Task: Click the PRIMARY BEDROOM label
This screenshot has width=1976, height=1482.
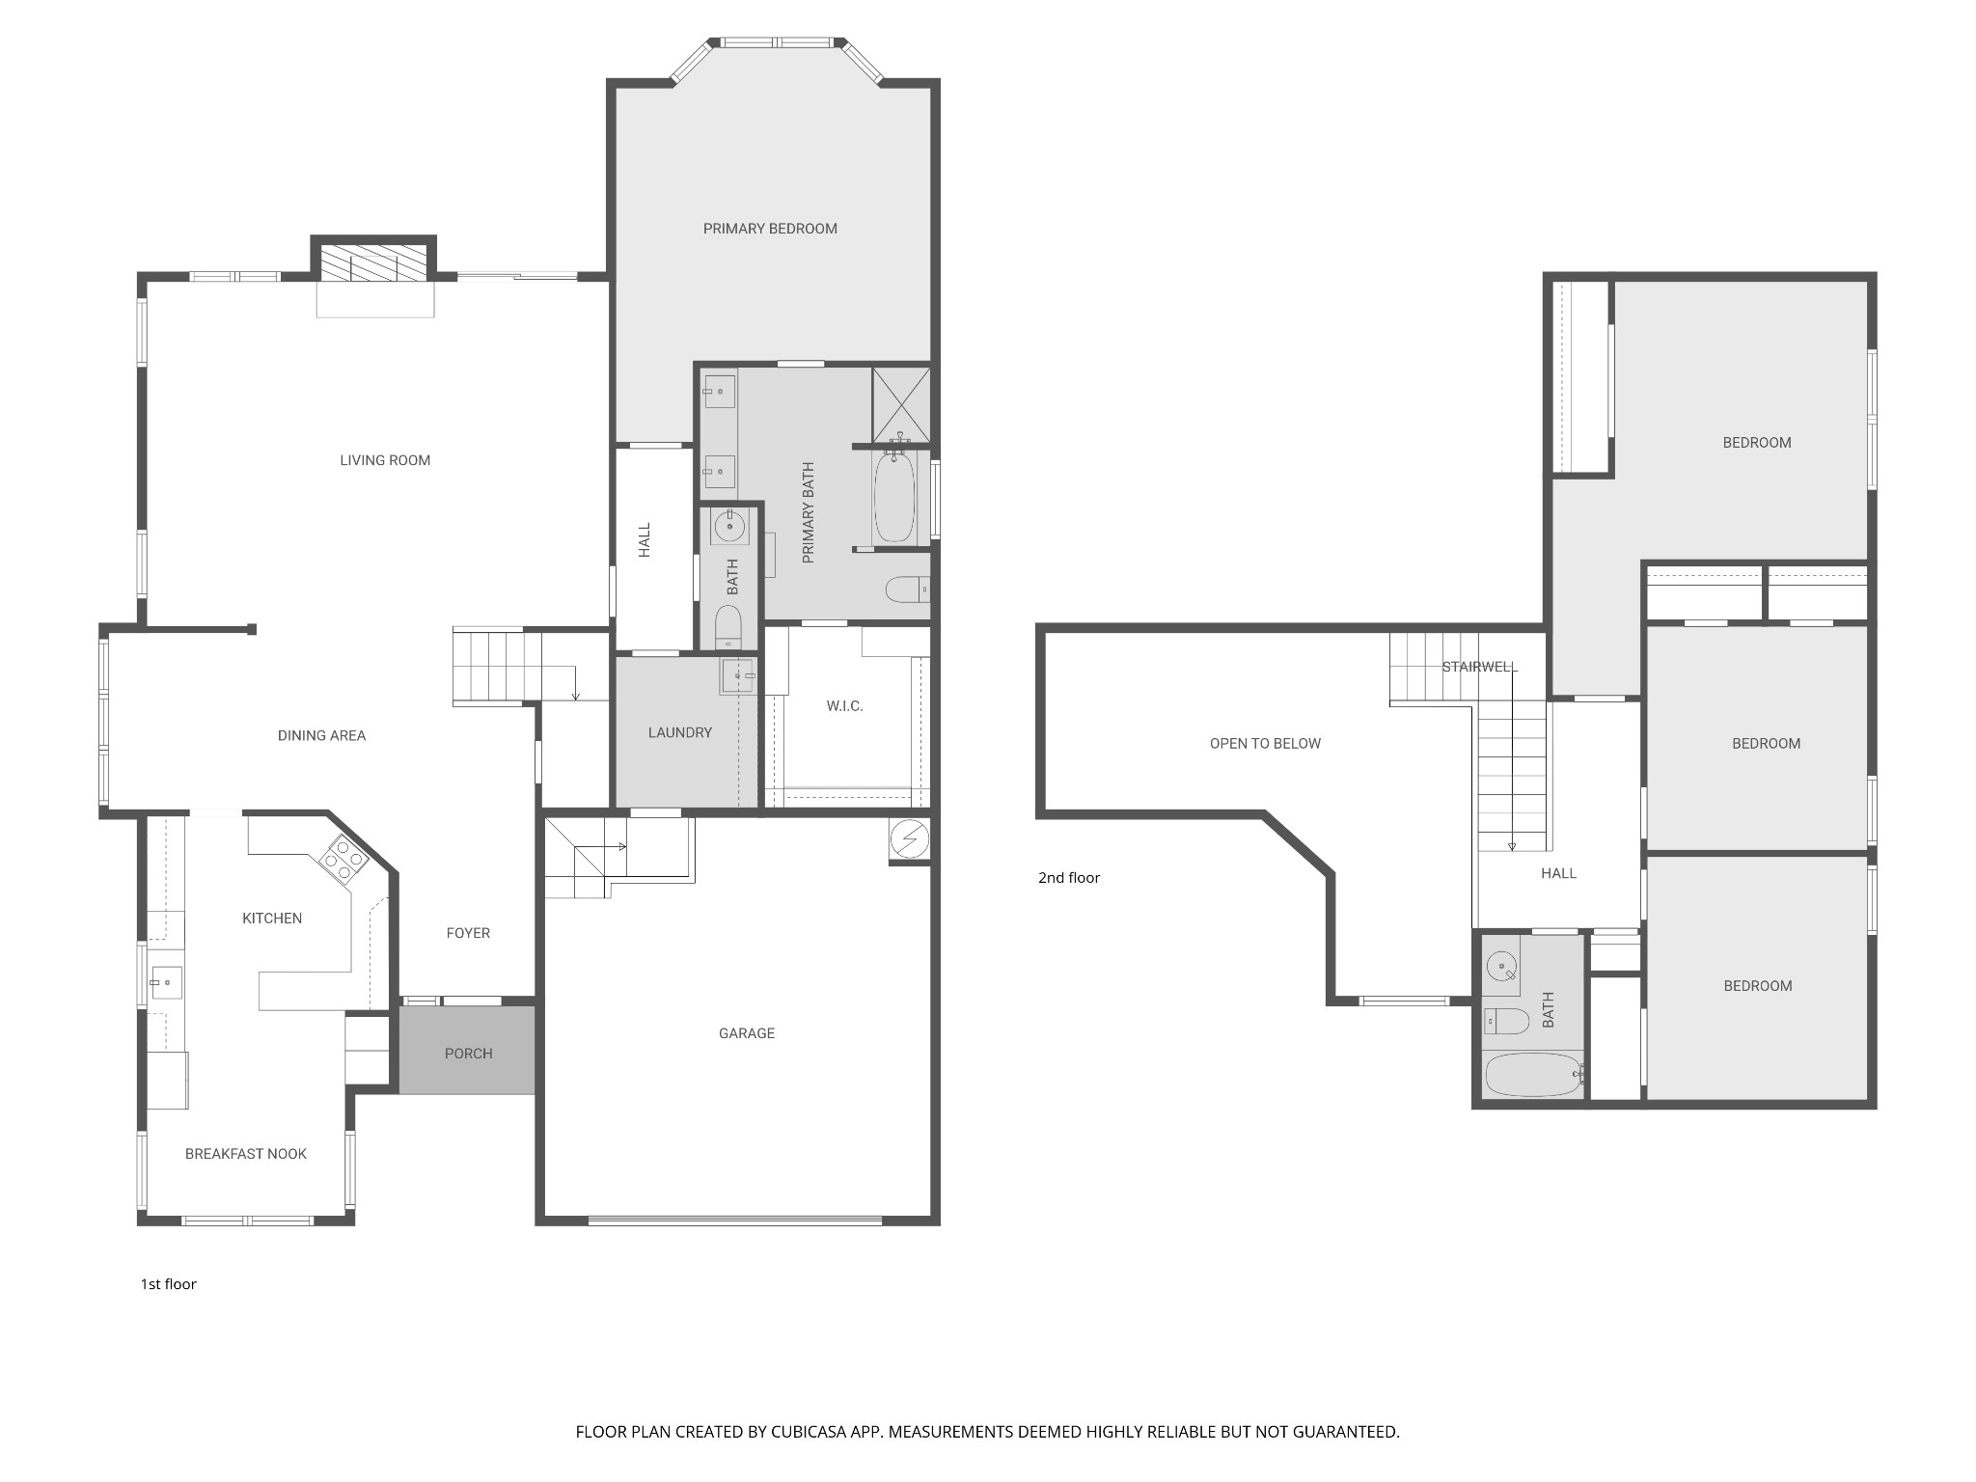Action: pos(770,229)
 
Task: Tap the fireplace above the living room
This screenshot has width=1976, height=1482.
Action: pos(373,261)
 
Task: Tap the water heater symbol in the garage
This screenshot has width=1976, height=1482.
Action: pos(908,839)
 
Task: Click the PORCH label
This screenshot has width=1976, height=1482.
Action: pos(468,1054)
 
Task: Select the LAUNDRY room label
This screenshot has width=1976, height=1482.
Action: pos(679,732)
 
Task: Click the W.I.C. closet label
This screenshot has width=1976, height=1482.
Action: pos(844,706)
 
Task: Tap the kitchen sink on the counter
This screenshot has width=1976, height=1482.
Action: pos(165,983)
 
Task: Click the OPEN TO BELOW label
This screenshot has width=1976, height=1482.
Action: pos(1265,743)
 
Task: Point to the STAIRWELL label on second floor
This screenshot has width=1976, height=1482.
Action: pos(1479,667)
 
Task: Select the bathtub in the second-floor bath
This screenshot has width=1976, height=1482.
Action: pos(1533,1074)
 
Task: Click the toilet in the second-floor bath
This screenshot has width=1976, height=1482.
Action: pos(1506,1020)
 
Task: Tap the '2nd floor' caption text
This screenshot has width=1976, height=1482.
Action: pos(1068,877)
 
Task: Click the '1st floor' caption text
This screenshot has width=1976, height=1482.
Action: pos(169,1283)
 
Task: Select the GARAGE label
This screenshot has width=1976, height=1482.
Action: pos(746,1033)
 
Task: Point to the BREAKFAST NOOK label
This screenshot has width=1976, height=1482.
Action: pos(245,1154)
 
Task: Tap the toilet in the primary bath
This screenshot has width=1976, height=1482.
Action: pos(906,589)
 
